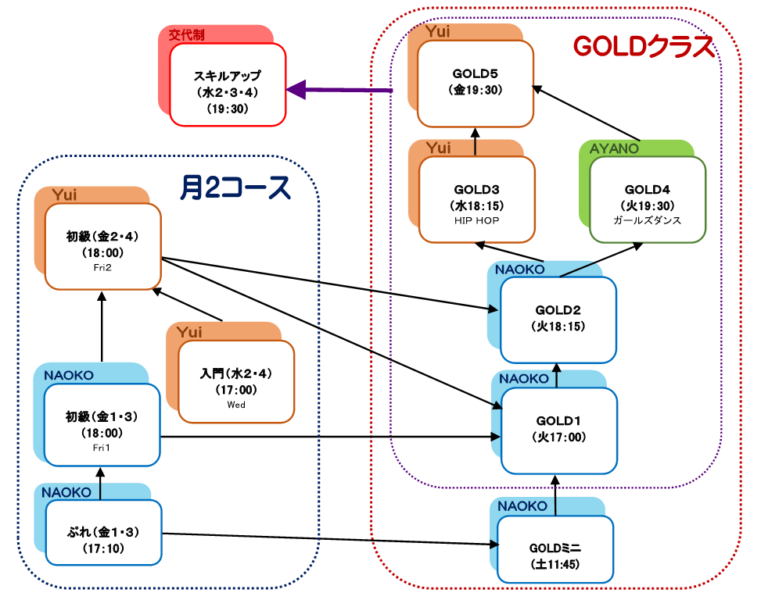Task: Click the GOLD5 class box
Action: [x=475, y=83]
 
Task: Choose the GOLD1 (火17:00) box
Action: [x=558, y=430]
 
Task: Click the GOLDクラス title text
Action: [x=644, y=47]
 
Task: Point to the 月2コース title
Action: [x=235, y=187]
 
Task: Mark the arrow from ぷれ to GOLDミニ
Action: [x=328, y=539]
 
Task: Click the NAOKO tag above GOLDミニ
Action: [x=522, y=506]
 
